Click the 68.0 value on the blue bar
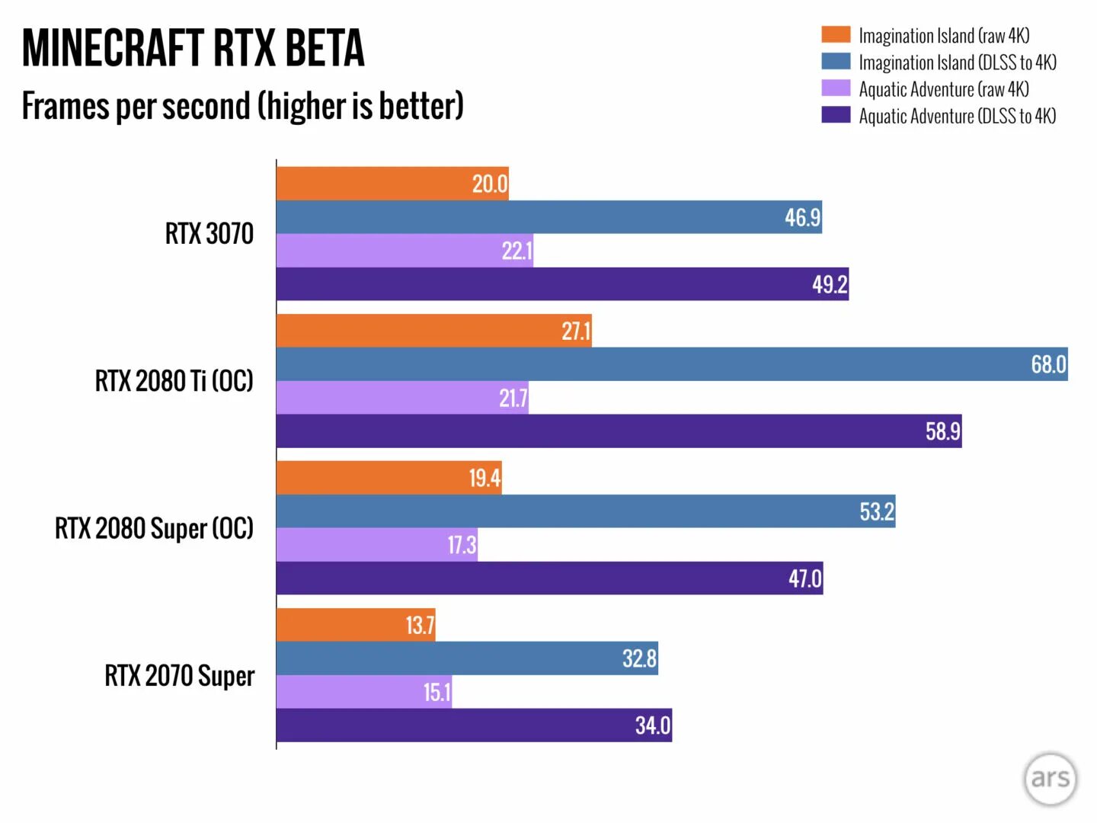tap(1048, 364)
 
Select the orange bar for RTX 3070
tap(392, 184)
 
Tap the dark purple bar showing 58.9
tap(618, 431)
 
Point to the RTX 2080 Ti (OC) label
tap(174, 380)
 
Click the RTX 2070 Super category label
tap(179, 676)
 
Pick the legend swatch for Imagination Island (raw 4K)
tap(835, 35)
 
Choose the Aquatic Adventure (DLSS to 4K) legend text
tap(957, 116)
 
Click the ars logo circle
tap(1050, 778)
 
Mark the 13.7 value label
tap(420, 626)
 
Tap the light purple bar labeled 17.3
tap(376, 545)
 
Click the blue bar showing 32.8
tap(466, 658)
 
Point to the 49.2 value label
tap(830, 284)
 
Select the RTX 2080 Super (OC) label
tap(154, 528)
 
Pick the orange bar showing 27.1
tap(433, 331)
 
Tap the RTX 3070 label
tap(209, 233)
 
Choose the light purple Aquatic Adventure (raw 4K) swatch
tap(835, 88)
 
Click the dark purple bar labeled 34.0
tap(473, 725)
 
